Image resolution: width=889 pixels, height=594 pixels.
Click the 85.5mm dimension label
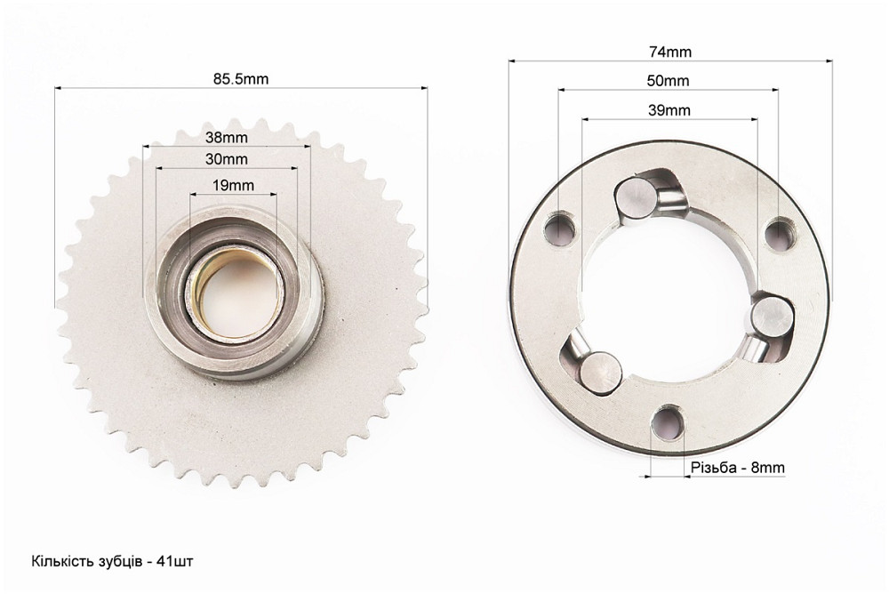[240, 79]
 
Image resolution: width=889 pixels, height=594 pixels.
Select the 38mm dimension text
[226, 137]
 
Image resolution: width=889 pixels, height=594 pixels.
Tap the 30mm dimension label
[226, 159]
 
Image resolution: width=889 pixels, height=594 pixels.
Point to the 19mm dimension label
[233, 185]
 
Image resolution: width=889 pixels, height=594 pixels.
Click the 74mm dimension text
[670, 52]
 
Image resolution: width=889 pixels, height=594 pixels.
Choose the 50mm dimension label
[668, 81]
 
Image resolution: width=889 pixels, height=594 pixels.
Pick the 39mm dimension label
[669, 110]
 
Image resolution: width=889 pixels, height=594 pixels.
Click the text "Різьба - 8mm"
[738, 468]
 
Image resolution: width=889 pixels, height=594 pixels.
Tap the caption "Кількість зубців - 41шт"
[112, 561]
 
